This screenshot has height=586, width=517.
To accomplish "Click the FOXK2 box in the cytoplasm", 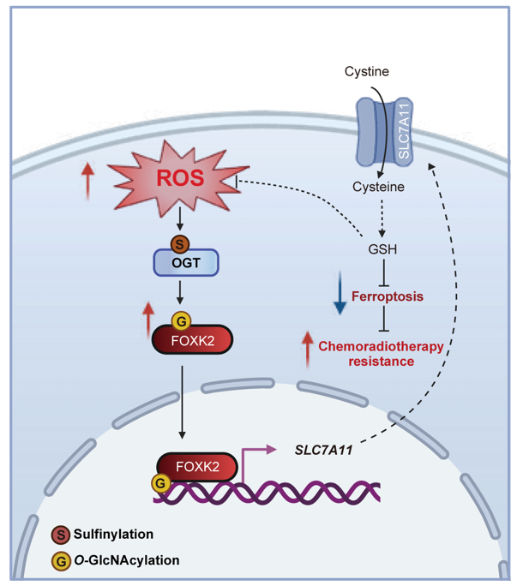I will pyautogui.click(x=196, y=341).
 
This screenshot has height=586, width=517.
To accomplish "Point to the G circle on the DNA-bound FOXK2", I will pyautogui.click(x=159, y=484).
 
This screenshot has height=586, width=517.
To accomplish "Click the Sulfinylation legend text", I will pyautogui.click(x=113, y=534).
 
